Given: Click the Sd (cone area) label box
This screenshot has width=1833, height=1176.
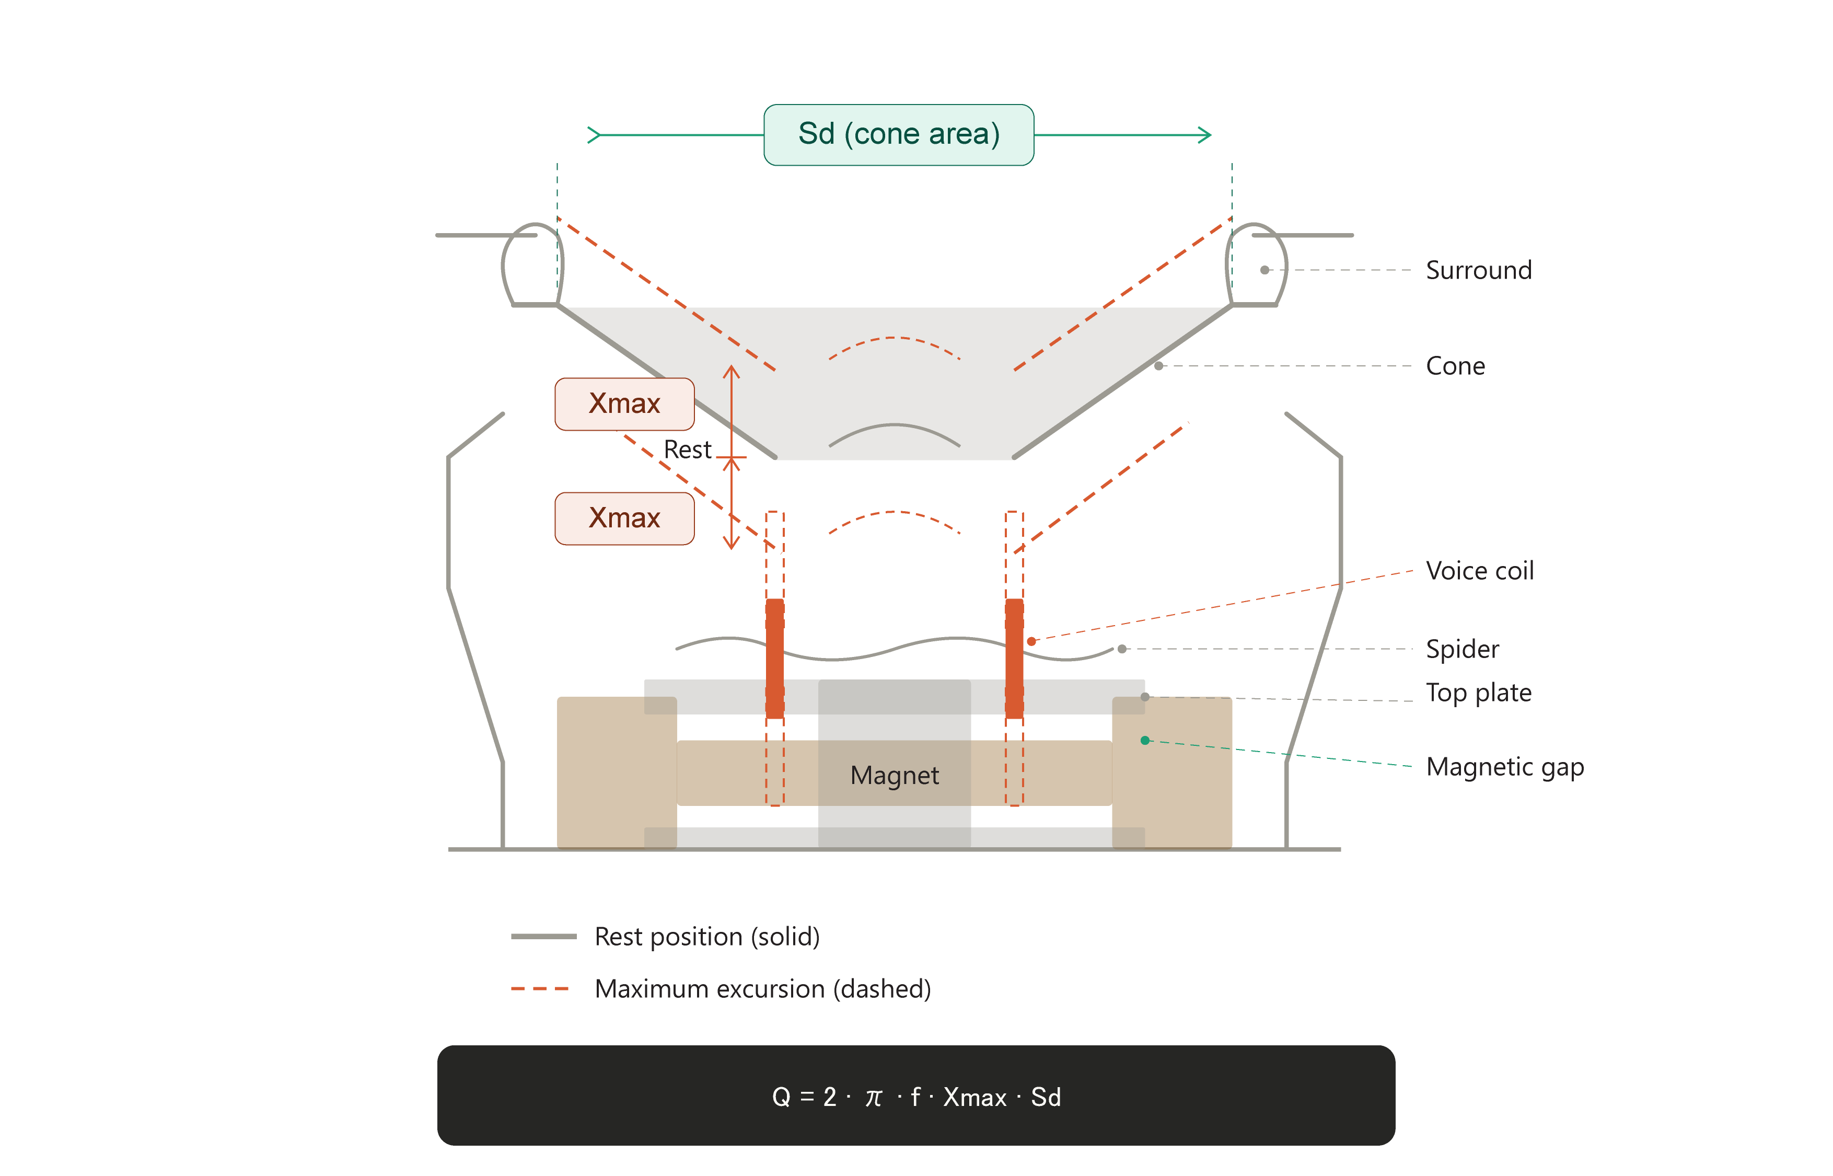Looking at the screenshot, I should (899, 134).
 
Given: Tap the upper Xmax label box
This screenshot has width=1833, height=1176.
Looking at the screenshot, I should (624, 403).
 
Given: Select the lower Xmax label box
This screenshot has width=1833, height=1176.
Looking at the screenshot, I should (624, 518).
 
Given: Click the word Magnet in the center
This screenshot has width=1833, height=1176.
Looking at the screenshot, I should (894, 775).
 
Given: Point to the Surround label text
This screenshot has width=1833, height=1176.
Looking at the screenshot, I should (1478, 270).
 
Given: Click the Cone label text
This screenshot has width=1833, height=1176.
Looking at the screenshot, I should (1455, 366).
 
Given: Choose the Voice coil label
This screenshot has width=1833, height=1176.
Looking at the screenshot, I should (1480, 570).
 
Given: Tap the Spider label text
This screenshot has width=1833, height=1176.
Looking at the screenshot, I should (1462, 649).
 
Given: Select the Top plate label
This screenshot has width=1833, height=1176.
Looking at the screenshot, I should (1478, 693).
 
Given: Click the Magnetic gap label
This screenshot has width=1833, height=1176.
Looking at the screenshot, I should (1504, 767).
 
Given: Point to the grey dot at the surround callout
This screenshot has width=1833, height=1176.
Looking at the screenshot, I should (1264, 270).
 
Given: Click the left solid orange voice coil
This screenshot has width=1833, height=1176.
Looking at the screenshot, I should (775, 658).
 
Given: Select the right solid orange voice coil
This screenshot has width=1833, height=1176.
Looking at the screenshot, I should (1015, 658).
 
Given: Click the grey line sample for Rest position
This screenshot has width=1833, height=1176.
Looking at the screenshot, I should (543, 936).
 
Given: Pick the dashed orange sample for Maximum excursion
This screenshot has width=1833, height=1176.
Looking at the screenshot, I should (540, 989).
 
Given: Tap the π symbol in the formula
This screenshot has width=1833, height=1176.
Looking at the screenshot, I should (873, 1098).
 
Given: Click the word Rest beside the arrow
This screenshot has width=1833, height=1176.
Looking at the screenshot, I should (687, 450).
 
